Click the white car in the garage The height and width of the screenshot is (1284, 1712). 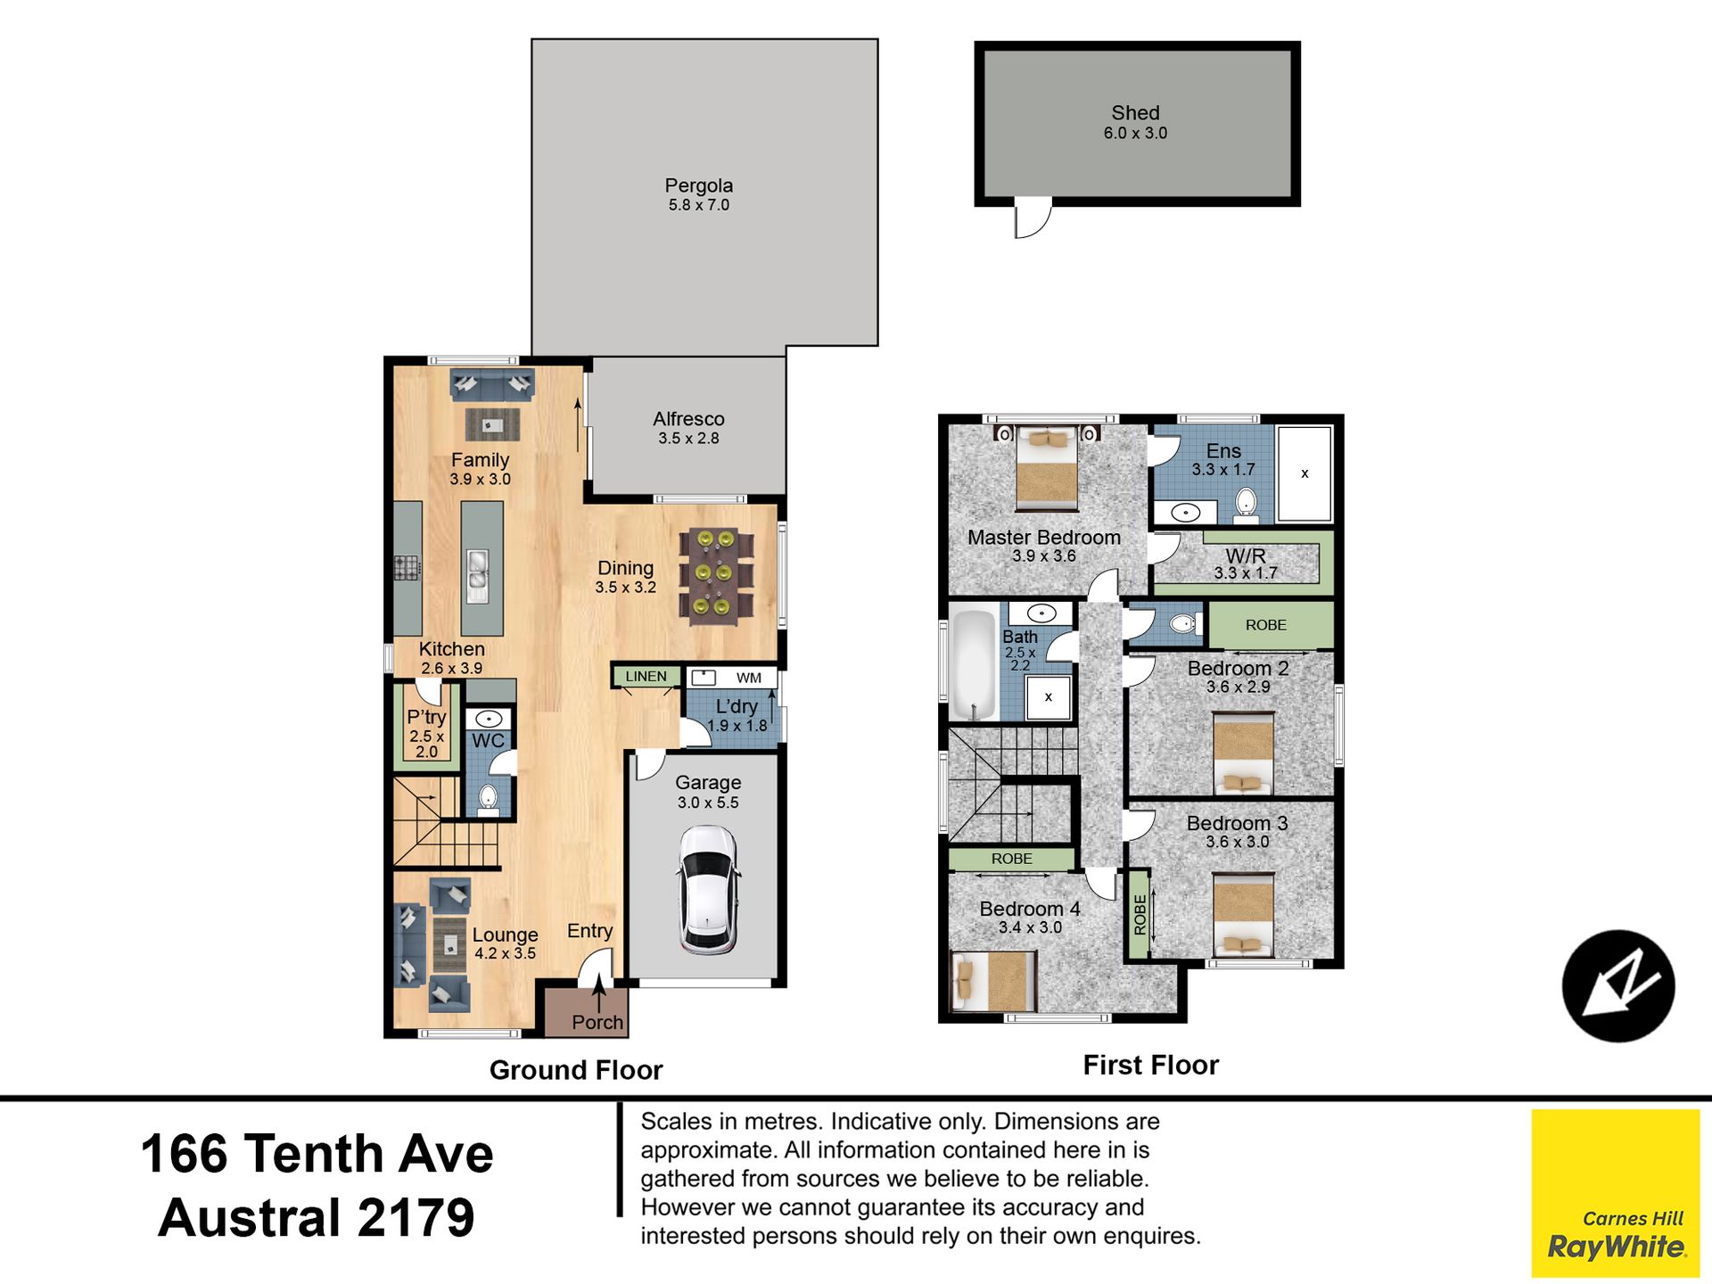coord(708,890)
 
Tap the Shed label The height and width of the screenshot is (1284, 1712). coord(1135,113)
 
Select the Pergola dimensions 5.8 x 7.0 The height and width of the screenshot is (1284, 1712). coord(699,205)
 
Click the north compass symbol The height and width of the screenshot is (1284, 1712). coord(1618,985)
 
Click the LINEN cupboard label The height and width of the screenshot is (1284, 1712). coord(646,677)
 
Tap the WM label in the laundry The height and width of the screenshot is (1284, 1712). coord(749,678)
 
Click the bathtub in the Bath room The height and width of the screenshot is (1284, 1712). coord(972,664)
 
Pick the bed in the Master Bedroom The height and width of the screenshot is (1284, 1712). coord(1047,466)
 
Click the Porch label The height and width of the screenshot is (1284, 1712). coord(597,1022)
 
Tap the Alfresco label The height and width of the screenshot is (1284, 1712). coord(688,419)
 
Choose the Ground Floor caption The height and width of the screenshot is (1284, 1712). coord(576,1070)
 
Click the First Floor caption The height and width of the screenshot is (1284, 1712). coord(1150,1065)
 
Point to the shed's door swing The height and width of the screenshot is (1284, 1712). coord(1033,219)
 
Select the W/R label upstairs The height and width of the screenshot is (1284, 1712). coord(1246,556)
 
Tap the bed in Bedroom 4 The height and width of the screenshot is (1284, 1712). coord(993,981)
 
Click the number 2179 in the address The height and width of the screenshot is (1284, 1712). coord(416,1218)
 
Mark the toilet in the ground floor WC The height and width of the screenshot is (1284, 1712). coord(488,799)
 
